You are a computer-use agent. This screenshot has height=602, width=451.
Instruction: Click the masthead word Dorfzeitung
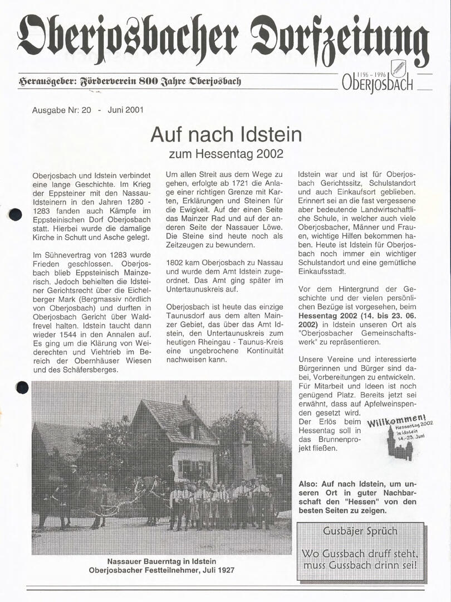pos(340,40)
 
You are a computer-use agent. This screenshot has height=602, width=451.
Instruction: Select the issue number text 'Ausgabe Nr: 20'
pos(62,110)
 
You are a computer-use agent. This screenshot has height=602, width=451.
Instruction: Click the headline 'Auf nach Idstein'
pos(226,134)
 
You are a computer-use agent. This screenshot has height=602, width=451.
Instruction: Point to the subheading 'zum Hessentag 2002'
pos(226,152)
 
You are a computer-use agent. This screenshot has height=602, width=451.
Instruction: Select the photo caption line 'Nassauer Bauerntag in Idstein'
pos(161,561)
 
